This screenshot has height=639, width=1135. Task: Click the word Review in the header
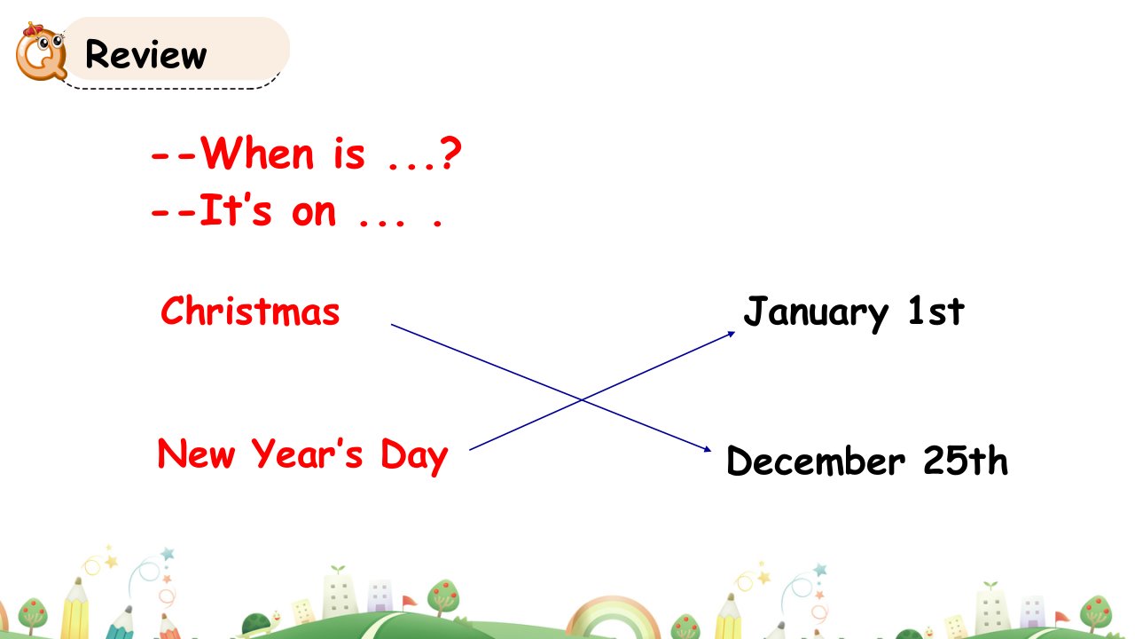point(146,54)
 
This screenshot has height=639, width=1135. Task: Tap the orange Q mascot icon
point(41,51)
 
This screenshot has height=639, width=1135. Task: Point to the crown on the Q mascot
point(35,29)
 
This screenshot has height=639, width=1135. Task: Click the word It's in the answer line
point(236,209)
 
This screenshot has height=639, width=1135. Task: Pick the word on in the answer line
point(314,213)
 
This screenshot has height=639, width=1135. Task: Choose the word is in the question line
point(349,154)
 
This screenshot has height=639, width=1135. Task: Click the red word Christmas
point(250,311)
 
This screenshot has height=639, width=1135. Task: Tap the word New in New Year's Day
point(197,454)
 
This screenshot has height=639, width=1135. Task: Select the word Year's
point(307,453)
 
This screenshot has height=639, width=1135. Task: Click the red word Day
point(414,456)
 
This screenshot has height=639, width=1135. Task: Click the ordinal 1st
point(936,311)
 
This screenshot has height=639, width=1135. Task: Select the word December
point(816,461)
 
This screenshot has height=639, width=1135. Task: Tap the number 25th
point(966,460)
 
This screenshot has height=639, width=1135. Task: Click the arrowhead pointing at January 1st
point(732,334)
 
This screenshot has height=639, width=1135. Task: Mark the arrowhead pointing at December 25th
point(708,449)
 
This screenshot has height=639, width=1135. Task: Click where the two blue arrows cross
point(582,400)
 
